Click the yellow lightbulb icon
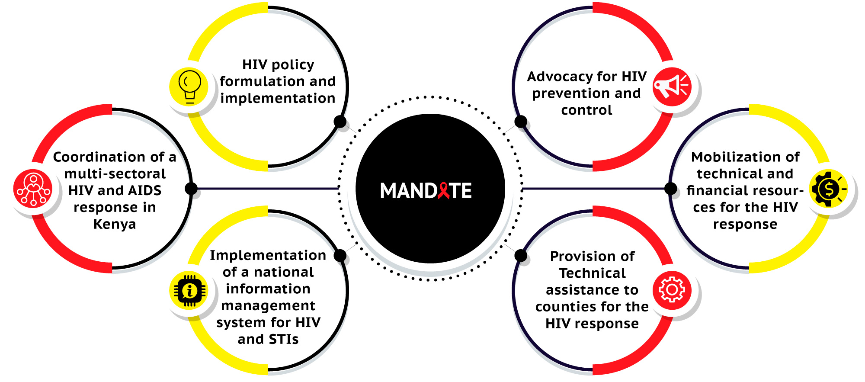189,87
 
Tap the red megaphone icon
672,87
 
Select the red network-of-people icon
33,189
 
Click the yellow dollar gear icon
828,189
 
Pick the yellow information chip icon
189,290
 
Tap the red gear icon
672,290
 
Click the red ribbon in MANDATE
444,190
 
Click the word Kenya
115,224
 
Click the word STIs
284,339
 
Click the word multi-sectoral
115,173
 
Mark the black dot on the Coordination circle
191,189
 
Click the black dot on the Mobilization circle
670,189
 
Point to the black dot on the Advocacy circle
521,122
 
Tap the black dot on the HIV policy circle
340,122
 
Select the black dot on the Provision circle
521,256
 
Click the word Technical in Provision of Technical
592,273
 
